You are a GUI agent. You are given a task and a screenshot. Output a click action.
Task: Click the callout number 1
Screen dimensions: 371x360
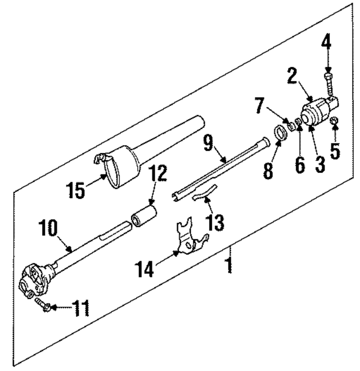coord(229,263)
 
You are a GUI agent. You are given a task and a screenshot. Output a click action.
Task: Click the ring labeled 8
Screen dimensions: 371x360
coord(278,135)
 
